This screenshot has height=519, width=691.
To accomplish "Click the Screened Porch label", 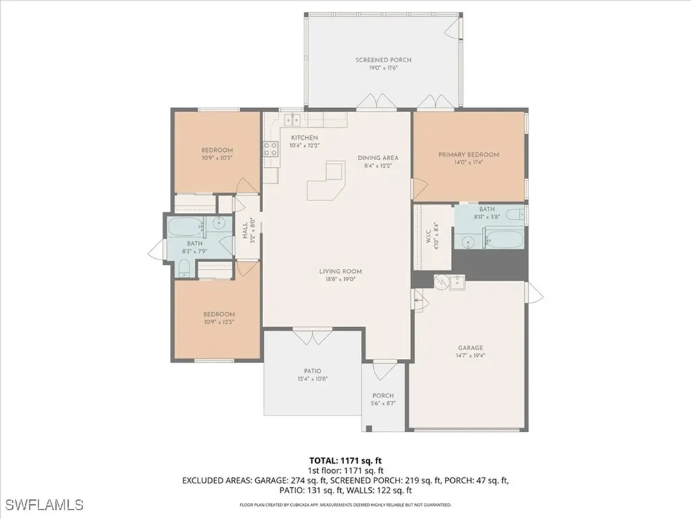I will click(383, 60).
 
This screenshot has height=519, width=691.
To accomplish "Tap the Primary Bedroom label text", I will click(468, 155).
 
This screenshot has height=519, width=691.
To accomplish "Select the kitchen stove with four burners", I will click(270, 149).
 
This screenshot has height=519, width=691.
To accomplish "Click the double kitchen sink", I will click(292, 120).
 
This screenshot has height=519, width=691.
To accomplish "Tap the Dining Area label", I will click(378, 157).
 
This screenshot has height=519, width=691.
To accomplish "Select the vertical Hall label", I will click(245, 232).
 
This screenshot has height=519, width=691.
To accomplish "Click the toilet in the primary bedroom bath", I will click(515, 216).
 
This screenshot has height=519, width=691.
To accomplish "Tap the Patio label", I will click(312, 370).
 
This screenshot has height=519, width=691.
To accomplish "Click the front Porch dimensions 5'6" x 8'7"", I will click(383, 403).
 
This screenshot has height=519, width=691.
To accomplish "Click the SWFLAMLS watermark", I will click(44, 504).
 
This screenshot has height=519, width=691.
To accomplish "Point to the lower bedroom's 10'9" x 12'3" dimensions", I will click(219, 322).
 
